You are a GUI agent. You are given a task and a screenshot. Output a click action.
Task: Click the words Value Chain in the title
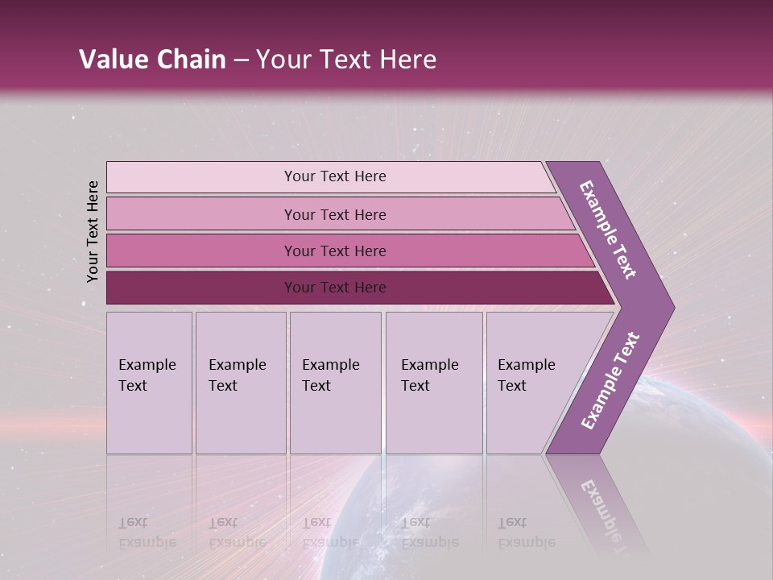152,60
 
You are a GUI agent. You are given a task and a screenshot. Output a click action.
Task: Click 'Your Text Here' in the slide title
346,60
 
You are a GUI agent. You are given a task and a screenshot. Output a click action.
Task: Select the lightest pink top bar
334,176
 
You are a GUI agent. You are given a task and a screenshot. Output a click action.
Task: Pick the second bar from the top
334,214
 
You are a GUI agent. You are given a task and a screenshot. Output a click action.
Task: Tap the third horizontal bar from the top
334,251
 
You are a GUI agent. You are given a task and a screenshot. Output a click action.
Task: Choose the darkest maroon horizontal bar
334,288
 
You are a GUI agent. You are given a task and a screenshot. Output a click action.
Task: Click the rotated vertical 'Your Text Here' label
93,231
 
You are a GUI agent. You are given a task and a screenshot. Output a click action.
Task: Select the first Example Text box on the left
149,383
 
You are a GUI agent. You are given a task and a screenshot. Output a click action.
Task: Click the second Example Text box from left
240,383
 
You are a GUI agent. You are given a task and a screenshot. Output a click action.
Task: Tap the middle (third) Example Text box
334,383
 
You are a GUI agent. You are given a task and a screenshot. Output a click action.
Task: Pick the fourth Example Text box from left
433,383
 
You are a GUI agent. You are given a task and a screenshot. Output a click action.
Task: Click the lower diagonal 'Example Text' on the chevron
610,381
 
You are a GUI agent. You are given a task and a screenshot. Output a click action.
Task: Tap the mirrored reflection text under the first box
147,532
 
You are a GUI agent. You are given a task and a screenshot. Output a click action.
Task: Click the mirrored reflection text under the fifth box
527,532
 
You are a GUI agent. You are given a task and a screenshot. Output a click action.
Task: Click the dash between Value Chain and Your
241,60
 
